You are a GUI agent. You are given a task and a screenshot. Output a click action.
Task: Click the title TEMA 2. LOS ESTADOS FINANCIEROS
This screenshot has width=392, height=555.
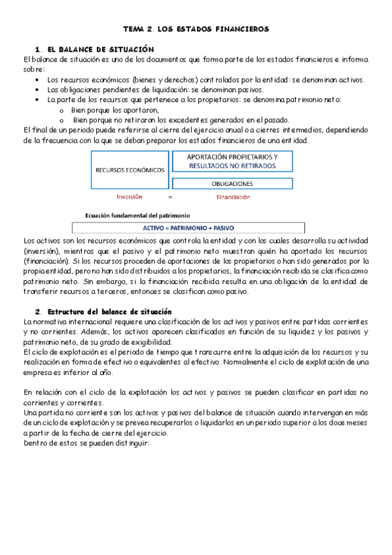click(x=196, y=29)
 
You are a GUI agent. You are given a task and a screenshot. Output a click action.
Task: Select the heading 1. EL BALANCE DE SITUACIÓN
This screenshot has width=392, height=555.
click(x=95, y=49)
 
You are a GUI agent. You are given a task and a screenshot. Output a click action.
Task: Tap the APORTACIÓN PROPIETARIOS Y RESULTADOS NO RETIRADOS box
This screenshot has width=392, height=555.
click(x=232, y=161)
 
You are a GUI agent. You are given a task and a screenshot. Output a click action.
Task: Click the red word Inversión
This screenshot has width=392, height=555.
click(x=129, y=196)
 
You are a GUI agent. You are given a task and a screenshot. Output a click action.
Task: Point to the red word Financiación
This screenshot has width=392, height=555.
click(x=232, y=196)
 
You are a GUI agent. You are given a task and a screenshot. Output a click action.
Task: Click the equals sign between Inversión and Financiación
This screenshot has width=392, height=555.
click(x=170, y=196)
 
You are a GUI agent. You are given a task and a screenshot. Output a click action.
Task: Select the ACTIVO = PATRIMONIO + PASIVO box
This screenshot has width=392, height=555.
click(x=188, y=228)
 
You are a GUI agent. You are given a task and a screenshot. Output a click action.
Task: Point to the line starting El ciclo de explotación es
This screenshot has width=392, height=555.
click(x=196, y=352)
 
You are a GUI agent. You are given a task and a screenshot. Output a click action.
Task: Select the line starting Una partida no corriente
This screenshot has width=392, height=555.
click(x=196, y=412)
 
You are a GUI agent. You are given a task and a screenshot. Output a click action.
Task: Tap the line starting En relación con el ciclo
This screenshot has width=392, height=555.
click(x=196, y=392)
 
